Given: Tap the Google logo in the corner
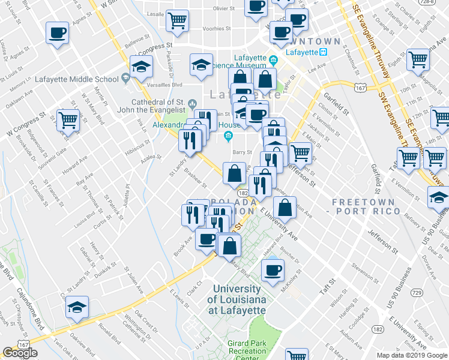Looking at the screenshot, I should (20, 353).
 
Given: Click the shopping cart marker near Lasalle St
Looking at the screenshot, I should (178, 20).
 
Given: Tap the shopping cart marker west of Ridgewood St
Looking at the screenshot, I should (68, 119).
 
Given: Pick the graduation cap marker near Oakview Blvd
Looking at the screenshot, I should (77, 307).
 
